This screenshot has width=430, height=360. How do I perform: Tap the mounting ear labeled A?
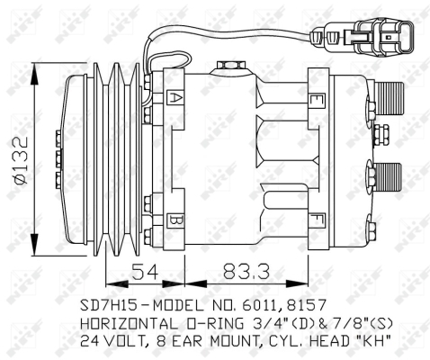176,97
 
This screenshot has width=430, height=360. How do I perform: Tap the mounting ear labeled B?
176,220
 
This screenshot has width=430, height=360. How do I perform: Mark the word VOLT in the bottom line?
121,341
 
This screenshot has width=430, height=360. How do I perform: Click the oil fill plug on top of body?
228,65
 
